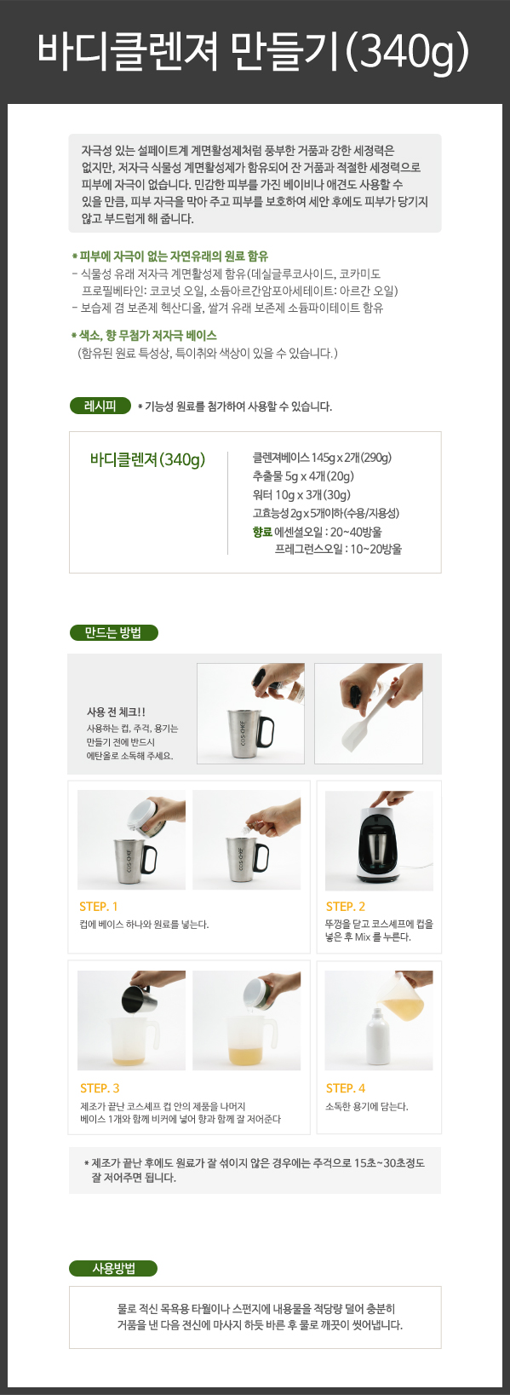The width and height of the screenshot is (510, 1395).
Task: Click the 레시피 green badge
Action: (x=100, y=406)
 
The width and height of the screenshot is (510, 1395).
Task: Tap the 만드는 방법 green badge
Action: (x=114, y=632)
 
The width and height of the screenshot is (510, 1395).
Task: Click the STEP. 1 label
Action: (x=98, y=906)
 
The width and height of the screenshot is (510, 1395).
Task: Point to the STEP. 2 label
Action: (x=345, y=906)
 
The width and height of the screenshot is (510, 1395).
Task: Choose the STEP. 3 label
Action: (x=100, y=1088)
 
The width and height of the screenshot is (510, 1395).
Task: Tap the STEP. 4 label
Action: (x=345, y=1088)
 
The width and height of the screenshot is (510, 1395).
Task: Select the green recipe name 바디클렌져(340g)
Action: (x=147, y=459)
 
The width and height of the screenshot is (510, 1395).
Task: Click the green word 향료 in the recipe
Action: (x=262, y=532)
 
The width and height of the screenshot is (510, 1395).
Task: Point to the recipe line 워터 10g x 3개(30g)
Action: (x=301, y=495)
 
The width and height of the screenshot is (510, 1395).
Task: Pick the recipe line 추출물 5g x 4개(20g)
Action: (x=303, y=476)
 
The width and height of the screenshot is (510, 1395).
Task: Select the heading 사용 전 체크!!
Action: (x=116, y=712)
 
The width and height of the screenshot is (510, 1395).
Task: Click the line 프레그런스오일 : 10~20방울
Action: (x=338, y=550)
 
